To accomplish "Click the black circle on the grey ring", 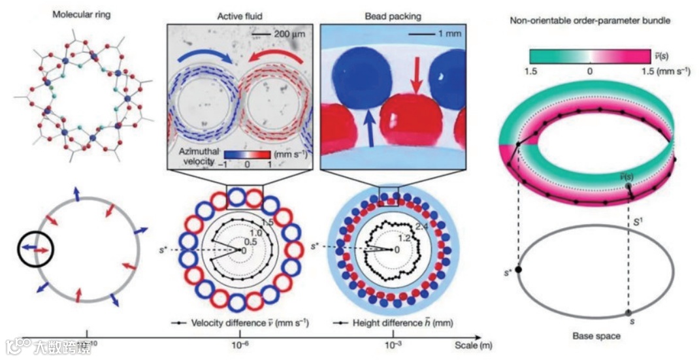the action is click(35, 250).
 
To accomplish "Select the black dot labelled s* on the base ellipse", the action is click(518, 269).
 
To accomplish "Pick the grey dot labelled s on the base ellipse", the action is click(629, 312).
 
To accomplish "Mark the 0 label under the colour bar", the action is click(590, 72).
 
